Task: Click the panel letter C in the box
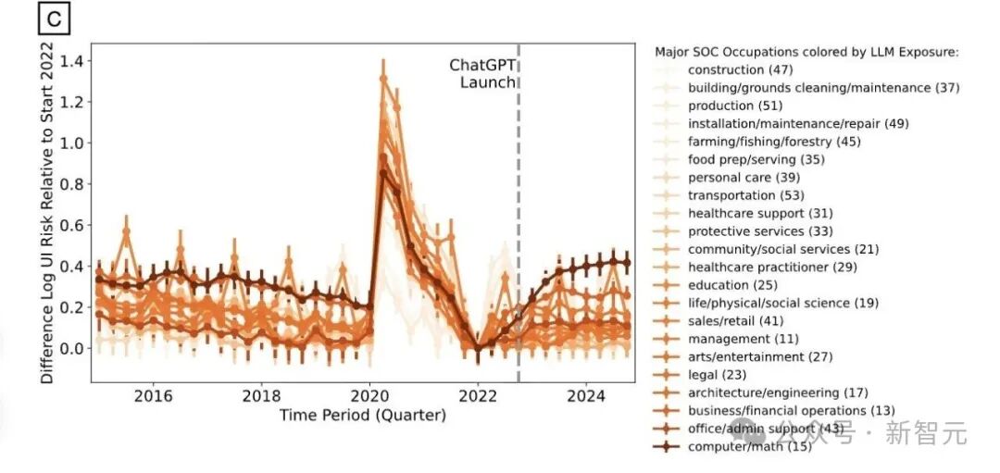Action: pyautogui.click(x=55, y=19)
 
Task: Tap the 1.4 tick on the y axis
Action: pyautogui.click(x=73, y=61)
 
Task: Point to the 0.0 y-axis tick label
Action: pyautogui.click(x=73, y=348)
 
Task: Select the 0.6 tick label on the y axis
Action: pyautogui.click(x=73, y=225)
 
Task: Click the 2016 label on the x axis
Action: pyautogui.click(x=153, y=396)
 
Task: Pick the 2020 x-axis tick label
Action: pyautogui.click(x=369, y=396)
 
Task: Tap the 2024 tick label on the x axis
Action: pyautogui.click(x=587, y=396)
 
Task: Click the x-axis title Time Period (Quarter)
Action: pyautogui.click(x=363, y=416)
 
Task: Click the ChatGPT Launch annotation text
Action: pyautogui.click(x=482, y=73)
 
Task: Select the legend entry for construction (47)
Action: pyautogui.click(x=741, y=70)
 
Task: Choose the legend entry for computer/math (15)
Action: pyautogui.click(x=749, y=447)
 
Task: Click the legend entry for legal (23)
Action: pyautogui.click(x=717, y=375)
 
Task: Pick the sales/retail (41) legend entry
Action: pyautogui.click(x=735, y=320)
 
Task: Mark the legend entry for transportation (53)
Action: pyautogui.click(x=746, y=195)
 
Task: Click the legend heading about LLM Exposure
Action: pyautogui.click(x=806, y=52)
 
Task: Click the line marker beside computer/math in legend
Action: pyautogui.click(x=667, y=447)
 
